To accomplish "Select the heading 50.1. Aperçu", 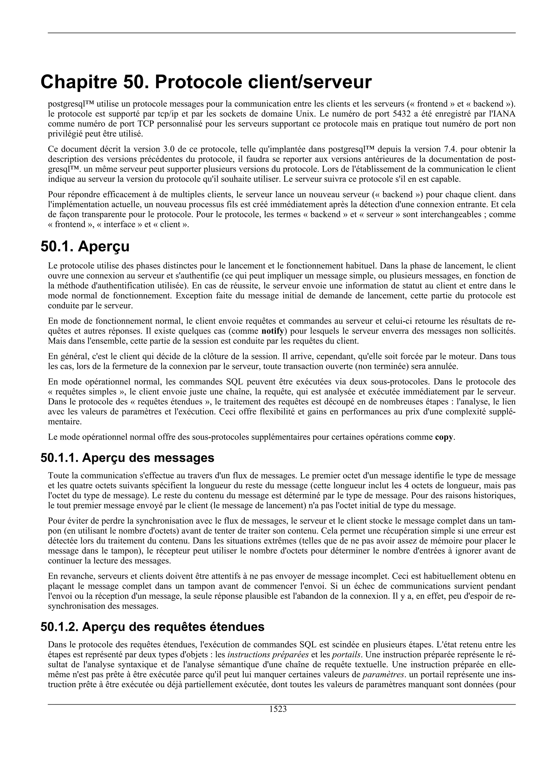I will pyautogui.click(x=85, y=247).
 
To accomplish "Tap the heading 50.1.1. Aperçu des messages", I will pyautogui.click(x=127, y=458).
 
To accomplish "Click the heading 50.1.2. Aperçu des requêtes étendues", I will pyautogui.click(x=152, y=627).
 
